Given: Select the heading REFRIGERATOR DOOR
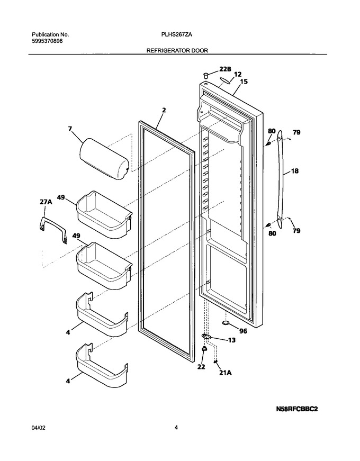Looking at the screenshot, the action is pyautogui.click(x=177, y=51).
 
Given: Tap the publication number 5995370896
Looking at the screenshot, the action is pyautogui.click(x=47, y=41).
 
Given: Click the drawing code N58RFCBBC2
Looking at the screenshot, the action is pyautogui.click(x=297, y=409).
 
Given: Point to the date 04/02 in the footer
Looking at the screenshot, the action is pyautogui.click(x=38, y=428).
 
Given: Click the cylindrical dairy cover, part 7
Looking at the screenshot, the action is pyautogui.click(x=104, y=159).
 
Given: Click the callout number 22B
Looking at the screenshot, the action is pyautogui.click(x=225, y=69).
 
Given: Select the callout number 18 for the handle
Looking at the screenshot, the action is pyautogui.click(x=294, y=170).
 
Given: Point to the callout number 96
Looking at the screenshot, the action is pyautogui.click(x=243, y=331).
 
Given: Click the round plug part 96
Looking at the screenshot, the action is pyautogui.click(x=226, y=323).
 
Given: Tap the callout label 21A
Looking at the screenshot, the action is pyautogui.click(x=226, y=373).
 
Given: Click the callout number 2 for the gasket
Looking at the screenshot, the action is pyautogui.click(x=164, y=110).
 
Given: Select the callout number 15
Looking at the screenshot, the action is pyautogui.click(x=244, y=82).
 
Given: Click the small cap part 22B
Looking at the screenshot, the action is pyautogui.click(x=206, y=75).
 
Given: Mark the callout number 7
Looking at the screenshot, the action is pyautogui.click(x=70, y=129).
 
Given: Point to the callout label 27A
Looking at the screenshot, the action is pyautogui.click(x=46, y=202).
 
